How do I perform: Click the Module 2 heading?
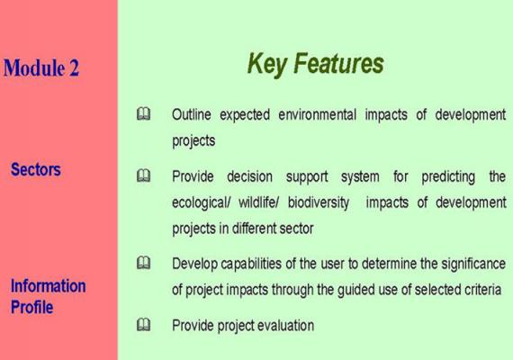click(x=41, y=67)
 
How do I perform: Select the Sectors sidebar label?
click(x=36, y=169)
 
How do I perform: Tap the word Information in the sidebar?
click(x=48, y=285)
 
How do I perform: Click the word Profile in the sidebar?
click(x=31, y=307)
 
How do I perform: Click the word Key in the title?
click(x=266, y=65)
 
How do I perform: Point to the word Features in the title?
click(x=338, y=63)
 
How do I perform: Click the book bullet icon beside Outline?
click(x=144, y=114)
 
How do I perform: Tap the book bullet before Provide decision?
click(x=144, y=175)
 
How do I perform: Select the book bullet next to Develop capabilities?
click(x=144, y=263)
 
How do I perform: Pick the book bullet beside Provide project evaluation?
click(x=144, y=324)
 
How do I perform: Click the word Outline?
click(x=192, y=114)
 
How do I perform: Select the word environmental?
click(x=317, y=114)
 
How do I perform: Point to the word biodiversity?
click(x=319, y=202)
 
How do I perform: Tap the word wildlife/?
click(x=258, y=202)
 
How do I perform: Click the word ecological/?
click(x=202, y=203)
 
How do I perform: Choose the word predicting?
click(x=448, y=177)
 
